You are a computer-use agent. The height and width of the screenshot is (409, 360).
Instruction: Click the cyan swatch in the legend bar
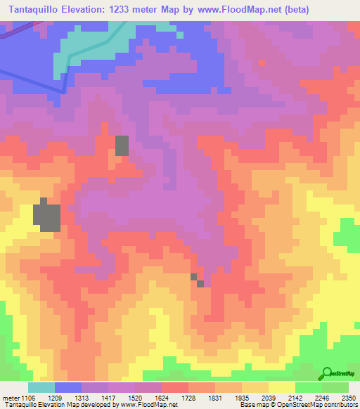click(x=41, y=387)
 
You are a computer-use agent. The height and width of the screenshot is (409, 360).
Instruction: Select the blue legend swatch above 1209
click(x=68, y=387)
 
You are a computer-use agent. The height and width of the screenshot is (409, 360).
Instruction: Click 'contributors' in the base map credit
click(x=340, y=405)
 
